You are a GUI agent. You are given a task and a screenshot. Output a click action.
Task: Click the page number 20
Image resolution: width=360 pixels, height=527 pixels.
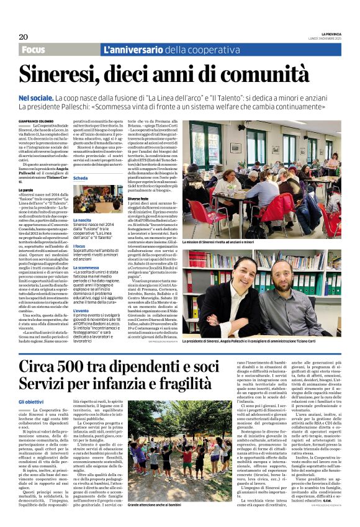click(x=24, y=37)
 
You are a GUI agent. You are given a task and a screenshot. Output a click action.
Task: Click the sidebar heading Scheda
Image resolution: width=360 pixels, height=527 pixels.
click(x=81, y=178)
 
